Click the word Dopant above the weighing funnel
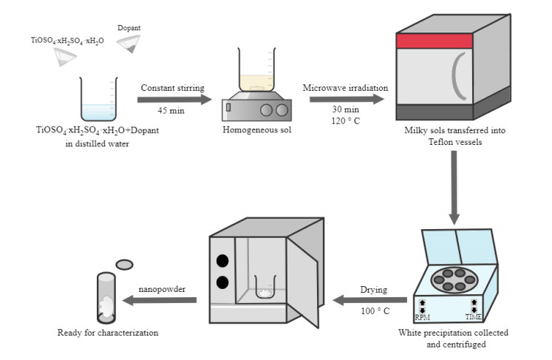click(129, 28)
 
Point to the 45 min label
click(171, 110)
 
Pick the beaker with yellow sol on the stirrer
click(255, 74)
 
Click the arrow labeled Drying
click(370, 299)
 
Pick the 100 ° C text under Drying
click(372, 311)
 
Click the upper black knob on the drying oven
click(221, 260)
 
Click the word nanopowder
click(161, 288)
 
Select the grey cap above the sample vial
click(125, 263)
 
